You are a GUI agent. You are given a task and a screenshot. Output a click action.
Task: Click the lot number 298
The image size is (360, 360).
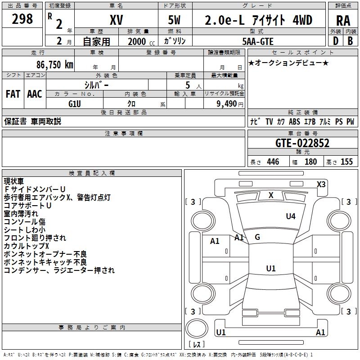click(22, 19)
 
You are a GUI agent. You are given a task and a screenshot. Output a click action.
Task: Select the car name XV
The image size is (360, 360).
click(116, 20)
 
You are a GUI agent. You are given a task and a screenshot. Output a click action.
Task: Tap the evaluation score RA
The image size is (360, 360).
click(343, 20)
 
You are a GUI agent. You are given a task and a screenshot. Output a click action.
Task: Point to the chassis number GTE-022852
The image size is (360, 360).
click(302, 143)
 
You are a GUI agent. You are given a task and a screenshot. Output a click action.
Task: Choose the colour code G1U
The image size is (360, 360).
click(75, 103)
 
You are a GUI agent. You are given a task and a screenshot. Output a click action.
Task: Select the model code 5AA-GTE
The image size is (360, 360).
click(258, 41)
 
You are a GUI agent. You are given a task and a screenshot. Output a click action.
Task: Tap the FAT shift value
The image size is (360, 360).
click(13, 94)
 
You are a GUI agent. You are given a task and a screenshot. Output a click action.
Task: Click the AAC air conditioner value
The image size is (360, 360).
click(35, 94)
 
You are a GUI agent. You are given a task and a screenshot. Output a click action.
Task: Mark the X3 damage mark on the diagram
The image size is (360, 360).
click(321, 184)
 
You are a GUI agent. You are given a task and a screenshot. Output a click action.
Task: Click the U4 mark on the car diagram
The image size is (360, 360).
click(291, 216)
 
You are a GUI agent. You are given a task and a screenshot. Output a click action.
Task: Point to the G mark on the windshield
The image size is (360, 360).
click(257, 237)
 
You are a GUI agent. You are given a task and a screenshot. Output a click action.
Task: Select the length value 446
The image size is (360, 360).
click(273, 162)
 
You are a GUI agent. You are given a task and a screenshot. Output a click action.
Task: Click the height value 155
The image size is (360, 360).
click(346, 162)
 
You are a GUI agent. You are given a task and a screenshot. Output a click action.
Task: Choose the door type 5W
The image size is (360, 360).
click(175, 20)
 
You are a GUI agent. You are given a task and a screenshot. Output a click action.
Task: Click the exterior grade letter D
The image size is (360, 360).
click(335, 41)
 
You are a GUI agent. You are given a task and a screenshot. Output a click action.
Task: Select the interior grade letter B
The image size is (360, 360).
click(350, 41)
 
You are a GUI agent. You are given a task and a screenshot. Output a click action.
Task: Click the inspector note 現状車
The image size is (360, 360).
click(15, 181)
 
